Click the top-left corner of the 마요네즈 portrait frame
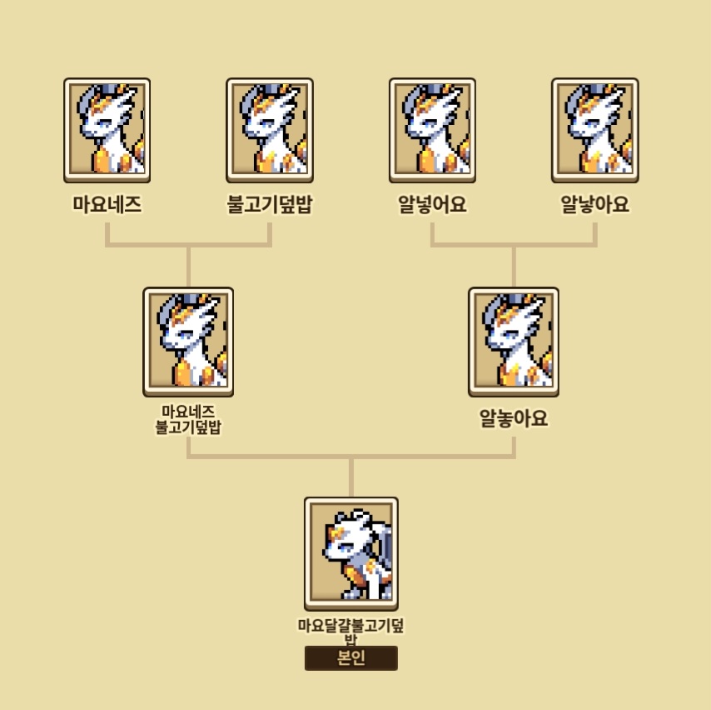coord(64,78)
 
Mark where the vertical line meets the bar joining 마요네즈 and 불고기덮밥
coord(189,245)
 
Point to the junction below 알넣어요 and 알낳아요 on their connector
coord(514,245)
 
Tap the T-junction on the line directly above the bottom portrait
coord(351,456)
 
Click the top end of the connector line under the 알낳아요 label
coord(595,222)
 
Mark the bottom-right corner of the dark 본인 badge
coord(398,670)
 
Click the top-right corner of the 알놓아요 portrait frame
coord(559,287)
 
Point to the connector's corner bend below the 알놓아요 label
coord(514,456)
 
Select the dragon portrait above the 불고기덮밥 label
coord(270,130)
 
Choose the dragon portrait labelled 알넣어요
coord(432,130)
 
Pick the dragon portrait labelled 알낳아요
coord(595,130)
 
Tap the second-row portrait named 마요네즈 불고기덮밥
coord(188,342)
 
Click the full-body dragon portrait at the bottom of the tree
coord(351,554)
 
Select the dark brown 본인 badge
coord(351,657)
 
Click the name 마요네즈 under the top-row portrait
coord(107,204)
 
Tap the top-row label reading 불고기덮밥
coord(270,204)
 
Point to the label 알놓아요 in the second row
coord(514,418)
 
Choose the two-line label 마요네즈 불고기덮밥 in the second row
coord(188,419)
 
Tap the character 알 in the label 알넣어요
coord(407,204)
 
